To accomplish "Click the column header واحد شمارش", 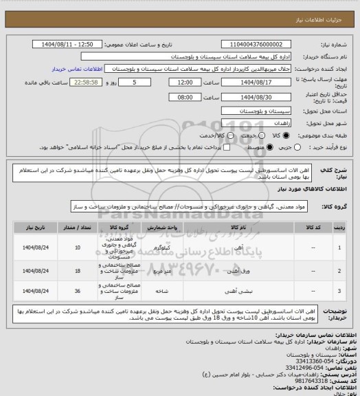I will pyautogui.click(x=161, y=225).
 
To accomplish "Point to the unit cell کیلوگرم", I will pyautogui.click(x=161, y=247).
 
